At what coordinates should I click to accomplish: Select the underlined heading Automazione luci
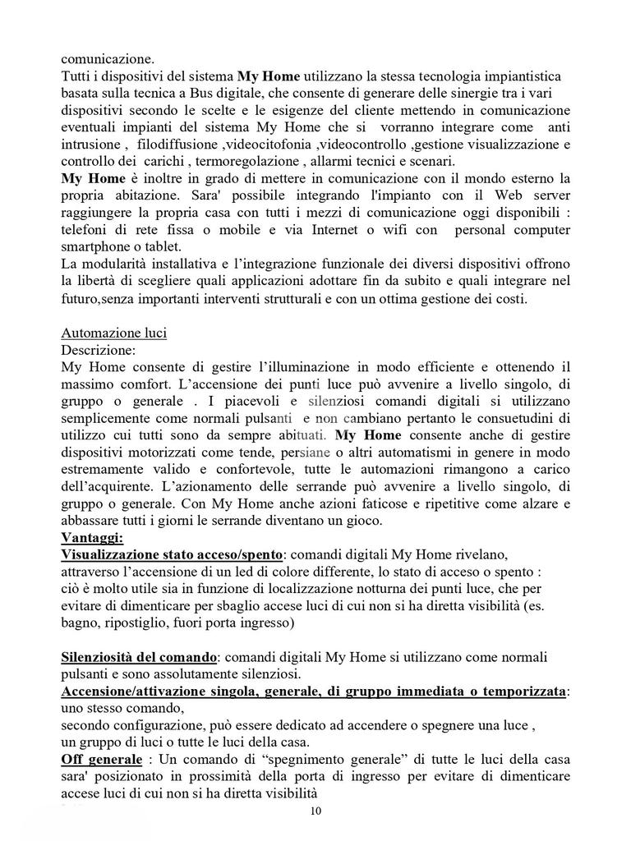(113, 333)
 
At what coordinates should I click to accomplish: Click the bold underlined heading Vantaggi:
(92, 538)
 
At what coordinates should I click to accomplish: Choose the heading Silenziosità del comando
(139, 658)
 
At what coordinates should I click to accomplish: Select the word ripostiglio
(146, 623)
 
